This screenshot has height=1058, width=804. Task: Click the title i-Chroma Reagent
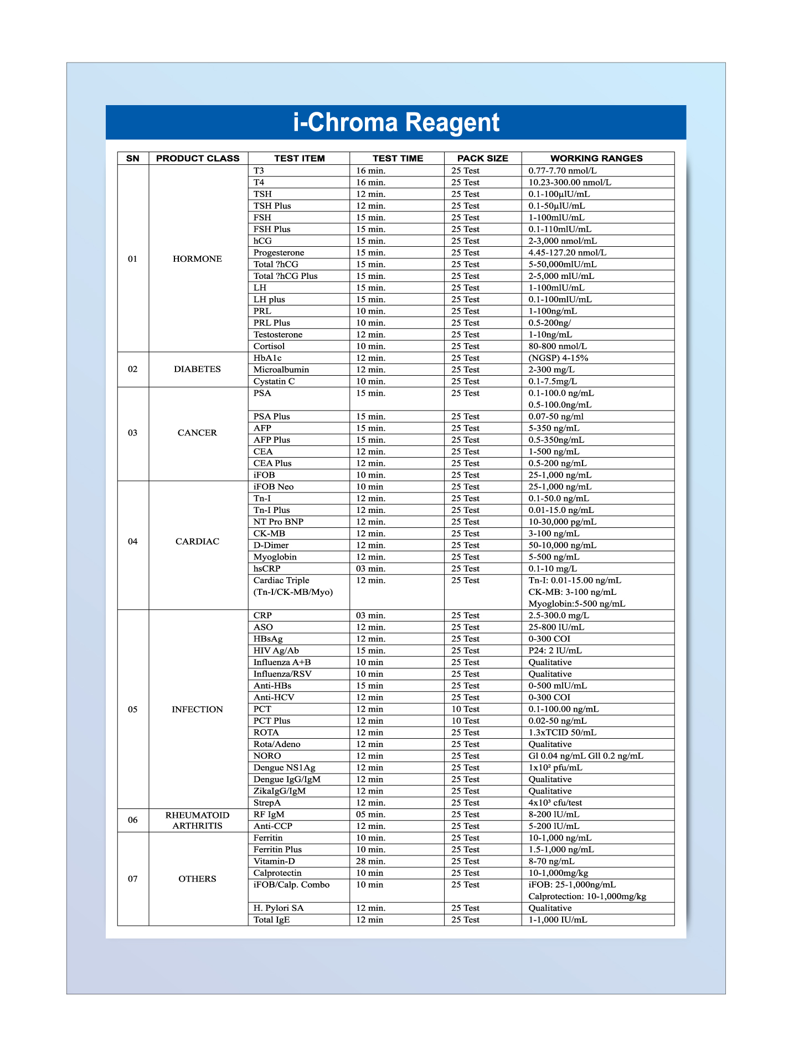tap(396, 122)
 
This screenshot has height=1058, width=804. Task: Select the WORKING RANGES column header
tap(596, 158)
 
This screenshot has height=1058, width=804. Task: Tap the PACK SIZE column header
tap(482, 158)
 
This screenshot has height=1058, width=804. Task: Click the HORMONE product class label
tap(197, 259)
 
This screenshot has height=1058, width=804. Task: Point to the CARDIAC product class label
tap(197, 541)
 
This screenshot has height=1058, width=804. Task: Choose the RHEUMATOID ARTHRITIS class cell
tap(197, 820)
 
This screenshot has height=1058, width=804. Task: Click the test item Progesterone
tap(279, 253)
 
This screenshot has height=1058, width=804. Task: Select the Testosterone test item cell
tap(278, 335)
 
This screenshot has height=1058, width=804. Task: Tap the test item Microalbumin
tap(281, 370)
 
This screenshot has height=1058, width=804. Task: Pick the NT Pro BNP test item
tap(279, 522)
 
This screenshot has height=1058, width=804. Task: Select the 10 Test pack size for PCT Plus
tap(465, 721)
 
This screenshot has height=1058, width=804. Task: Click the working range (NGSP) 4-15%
tap(558, 358)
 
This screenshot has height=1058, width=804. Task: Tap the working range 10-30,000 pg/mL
tap(562, 522)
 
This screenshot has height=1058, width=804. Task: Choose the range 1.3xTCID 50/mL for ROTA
tap(562, 733)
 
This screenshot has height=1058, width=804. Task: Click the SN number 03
tap(133, 433)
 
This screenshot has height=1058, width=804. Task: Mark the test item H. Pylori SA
tap(279, 908)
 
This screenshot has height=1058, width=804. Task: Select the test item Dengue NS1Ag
tap(284, 767)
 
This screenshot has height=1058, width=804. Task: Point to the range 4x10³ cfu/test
tap(555, 803)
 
